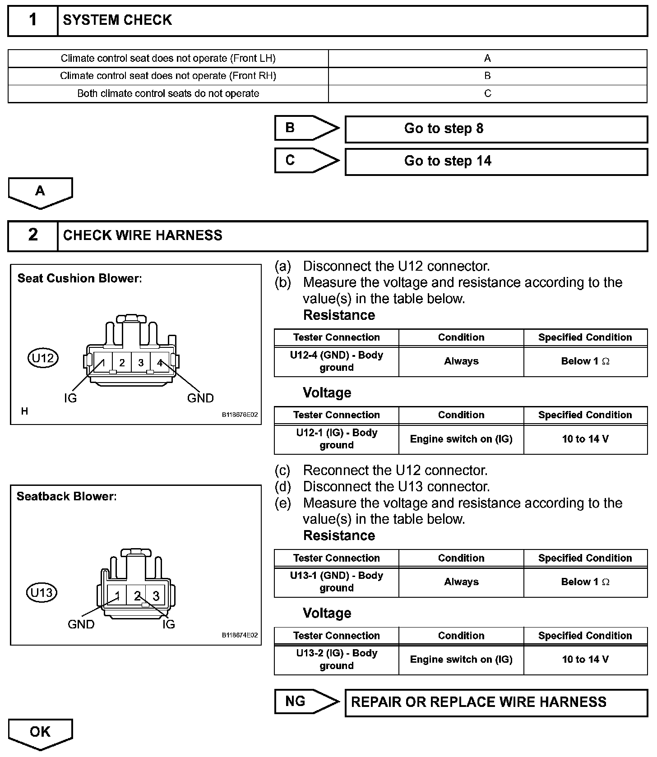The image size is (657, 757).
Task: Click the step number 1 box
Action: (33, 20)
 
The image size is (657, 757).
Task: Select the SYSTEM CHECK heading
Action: (117, 20)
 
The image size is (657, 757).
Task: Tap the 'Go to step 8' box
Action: (496, 129)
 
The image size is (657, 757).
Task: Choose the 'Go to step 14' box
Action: (496, 162)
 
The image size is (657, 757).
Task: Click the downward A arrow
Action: (40, 192)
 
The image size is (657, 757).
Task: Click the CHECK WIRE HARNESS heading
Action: (143, 235)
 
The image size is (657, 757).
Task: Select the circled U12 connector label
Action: (43, 358)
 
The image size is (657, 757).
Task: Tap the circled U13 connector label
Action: (42, 592)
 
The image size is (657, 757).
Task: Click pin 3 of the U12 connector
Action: (141, 362)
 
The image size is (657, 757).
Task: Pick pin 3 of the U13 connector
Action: (156, 596)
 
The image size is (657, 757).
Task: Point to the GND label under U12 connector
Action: (200, 398)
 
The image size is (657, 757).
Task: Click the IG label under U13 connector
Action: (168, 624)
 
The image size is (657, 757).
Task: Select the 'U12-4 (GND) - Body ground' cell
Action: (336, 361)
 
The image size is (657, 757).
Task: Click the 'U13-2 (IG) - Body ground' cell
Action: (336, 660)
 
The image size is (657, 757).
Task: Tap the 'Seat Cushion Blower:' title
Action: (79, 278)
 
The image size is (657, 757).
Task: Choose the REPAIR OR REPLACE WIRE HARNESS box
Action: (496, 702)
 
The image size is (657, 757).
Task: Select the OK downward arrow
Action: (40, 733)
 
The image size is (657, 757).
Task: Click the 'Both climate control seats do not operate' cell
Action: (168, 94)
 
